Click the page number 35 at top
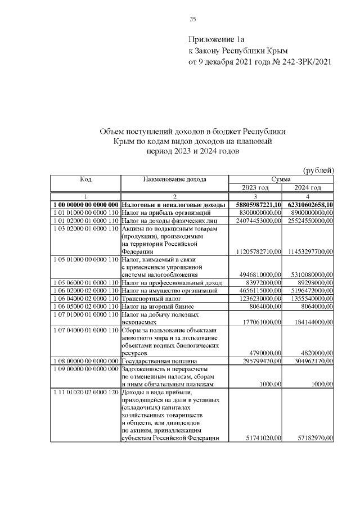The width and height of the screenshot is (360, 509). (x=192, y=19)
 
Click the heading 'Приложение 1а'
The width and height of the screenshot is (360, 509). (x=217, y=40)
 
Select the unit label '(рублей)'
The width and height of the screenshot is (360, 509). (x=319, y=170)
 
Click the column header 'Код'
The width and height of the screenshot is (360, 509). (x=85, y=179)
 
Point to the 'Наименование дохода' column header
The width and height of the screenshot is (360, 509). (x=174, y=179)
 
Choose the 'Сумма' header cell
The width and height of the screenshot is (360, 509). (x=281, y=179)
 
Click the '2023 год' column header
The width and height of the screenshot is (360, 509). (x=255, y=187)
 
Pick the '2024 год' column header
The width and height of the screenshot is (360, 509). (x=308, y=187)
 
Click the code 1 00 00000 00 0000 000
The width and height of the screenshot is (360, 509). (x=85, y=205)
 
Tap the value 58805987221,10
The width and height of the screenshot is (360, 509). (x=255, y=205)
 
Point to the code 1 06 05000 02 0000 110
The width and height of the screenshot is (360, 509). (x=85, y=307)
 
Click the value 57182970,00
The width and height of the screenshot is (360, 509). (x=313, y=438)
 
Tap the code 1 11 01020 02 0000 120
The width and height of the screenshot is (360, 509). (x=85, y=392)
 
